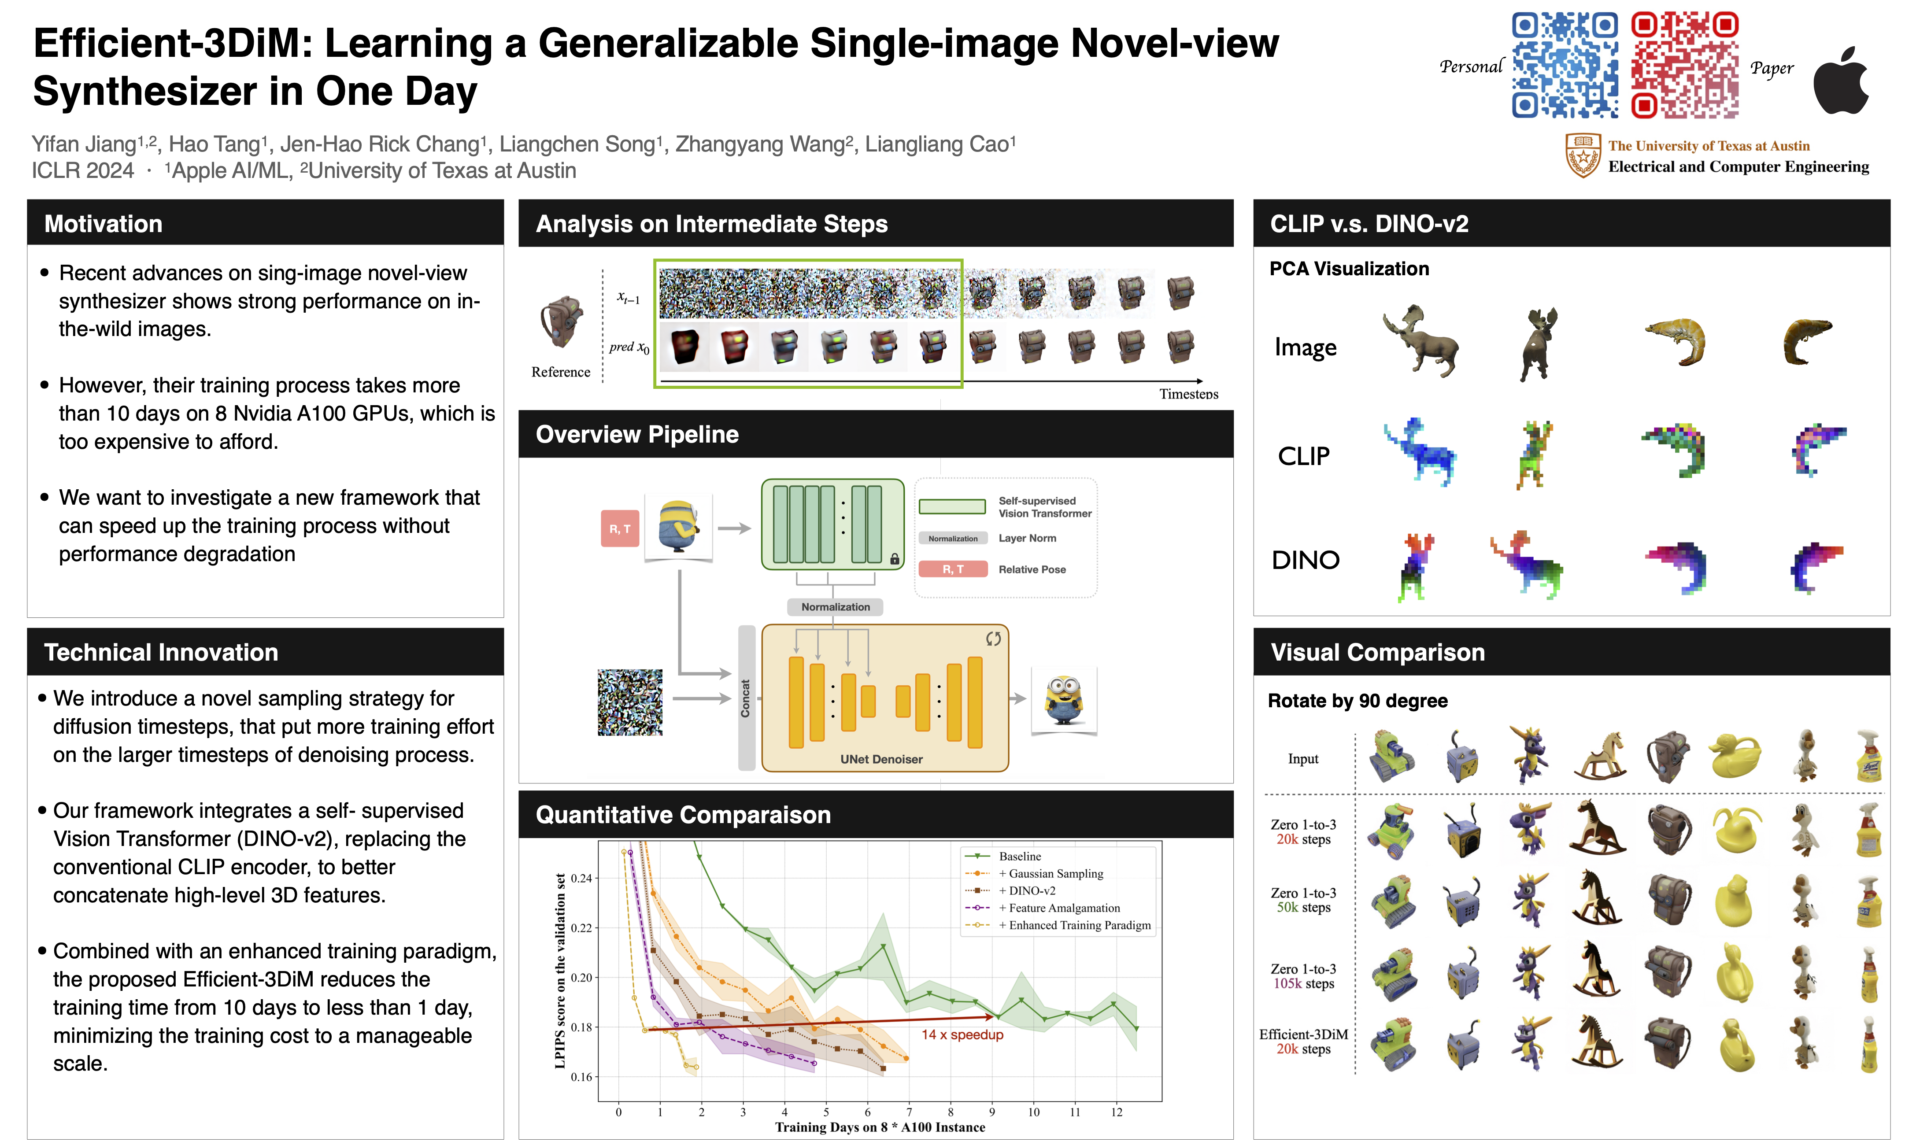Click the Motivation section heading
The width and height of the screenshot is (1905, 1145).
(104, 224)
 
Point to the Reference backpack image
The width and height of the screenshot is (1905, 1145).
(561, 322)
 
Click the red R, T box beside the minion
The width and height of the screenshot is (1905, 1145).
(620, 528)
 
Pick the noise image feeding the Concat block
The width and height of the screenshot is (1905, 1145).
(629, 702)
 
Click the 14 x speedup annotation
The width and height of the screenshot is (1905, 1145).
(962, 1034)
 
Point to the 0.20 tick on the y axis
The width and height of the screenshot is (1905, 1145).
(581, 978)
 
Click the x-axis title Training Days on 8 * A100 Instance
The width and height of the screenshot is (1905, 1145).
(880, 1127)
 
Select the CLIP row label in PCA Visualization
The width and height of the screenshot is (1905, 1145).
(1303, 456)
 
